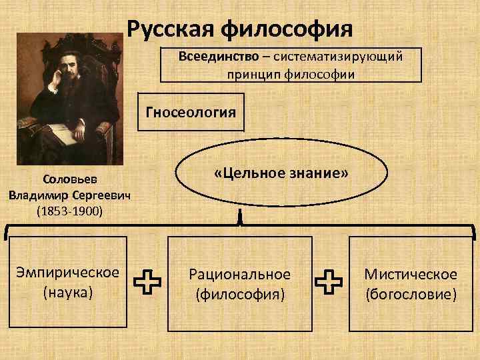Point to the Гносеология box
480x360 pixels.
pyautogui.click(x=191, y=111)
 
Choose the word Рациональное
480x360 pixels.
pyautogui.click(x=240, y=274)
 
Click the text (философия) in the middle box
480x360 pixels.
pyautogui.click(x=240, y=293)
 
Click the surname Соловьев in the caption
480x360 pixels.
pyautogui.click(x=67, y=180)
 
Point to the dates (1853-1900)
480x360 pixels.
pyautogui.click(x=67, y=211)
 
